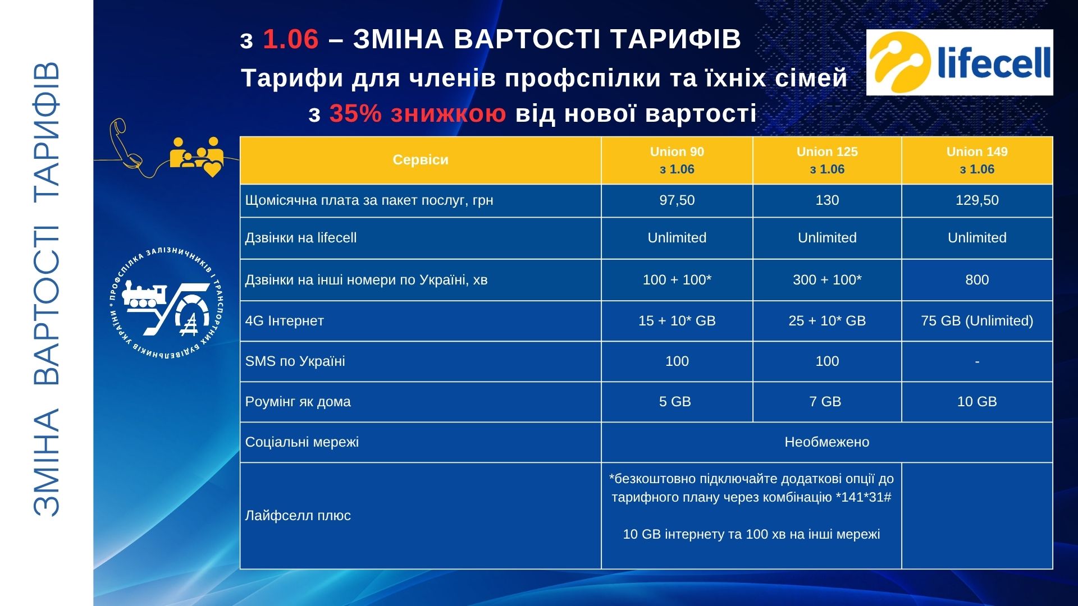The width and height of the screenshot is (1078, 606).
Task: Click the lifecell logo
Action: click(960, 62)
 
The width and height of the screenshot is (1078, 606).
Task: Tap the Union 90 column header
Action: click(677, 160)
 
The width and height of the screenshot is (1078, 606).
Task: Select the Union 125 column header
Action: click(827, 160)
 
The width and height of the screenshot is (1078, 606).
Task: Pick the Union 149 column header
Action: click(977, 160)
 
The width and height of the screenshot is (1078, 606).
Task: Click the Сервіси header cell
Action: click(421, 160)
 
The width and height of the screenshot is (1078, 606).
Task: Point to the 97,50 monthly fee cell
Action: click(677, 200)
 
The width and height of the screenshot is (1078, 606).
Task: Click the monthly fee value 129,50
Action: click(977, 200)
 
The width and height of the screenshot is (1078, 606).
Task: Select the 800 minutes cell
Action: click(977, 280)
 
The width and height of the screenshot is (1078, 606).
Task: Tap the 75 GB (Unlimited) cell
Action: click(977, 321)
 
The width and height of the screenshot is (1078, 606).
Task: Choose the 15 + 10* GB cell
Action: click(677, 321)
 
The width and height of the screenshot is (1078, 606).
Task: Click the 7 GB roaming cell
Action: click(827, 402)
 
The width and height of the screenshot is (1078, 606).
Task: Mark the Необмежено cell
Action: click(827, 442)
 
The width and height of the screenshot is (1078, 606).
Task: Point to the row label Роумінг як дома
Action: click(298, 402)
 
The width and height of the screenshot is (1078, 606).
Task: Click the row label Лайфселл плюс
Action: click(298, 516)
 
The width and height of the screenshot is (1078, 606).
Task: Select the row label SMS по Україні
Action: click(295, 361)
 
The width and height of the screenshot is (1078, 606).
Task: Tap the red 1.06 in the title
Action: click(291, 39)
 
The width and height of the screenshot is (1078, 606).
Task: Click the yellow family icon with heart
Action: click(197, 157)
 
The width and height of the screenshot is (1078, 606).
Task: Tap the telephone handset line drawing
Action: click(125, 143)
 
